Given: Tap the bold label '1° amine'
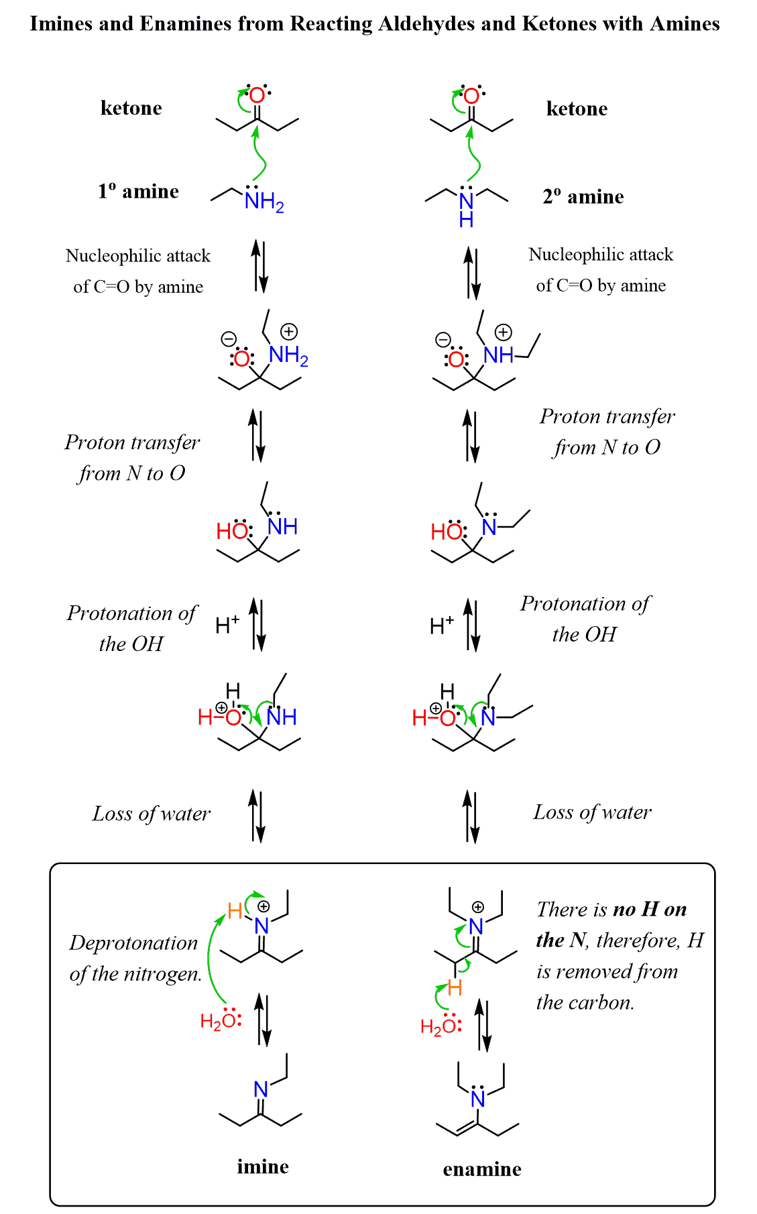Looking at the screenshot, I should (138, 192).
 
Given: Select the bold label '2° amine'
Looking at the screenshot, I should (583, 197).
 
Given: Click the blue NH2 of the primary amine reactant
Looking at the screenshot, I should (264, 201).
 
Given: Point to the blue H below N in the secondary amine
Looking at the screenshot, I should (467, 219).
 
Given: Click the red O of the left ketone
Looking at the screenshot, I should (257, 97).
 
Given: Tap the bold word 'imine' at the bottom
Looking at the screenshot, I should (263, 1167).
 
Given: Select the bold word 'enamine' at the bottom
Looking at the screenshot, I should (482, 1170).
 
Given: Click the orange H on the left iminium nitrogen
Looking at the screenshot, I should (235, 911).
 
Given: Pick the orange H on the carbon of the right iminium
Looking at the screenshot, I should (455, 987).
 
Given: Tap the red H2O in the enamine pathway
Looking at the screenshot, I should (437, 1026).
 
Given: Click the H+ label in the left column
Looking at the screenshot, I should (227, 625).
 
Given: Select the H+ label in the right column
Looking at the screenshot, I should (441, 625).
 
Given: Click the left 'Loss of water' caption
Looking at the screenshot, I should (152, 814).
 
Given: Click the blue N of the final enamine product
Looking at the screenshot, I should (477, 1099).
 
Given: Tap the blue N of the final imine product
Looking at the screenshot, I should (261, 1090).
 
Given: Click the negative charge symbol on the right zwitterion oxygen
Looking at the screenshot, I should (443, 340).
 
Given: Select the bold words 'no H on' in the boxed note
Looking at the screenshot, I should (650, 910).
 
